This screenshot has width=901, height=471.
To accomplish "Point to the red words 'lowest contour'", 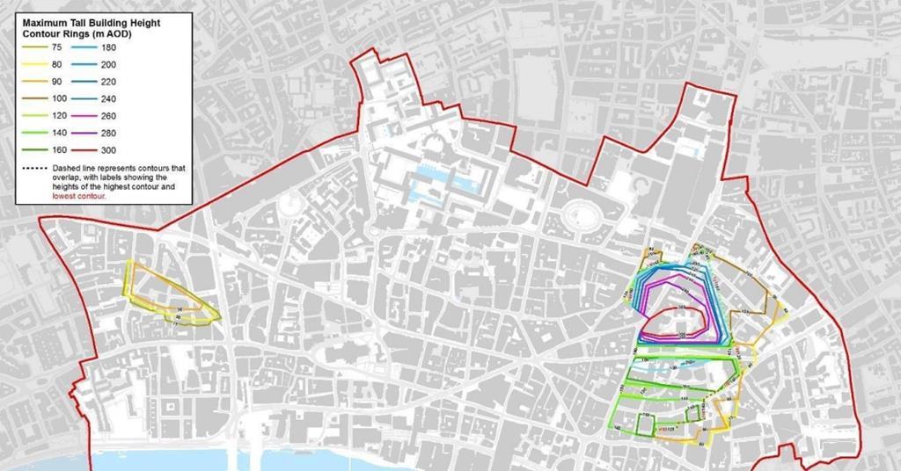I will click(x=80, y=197).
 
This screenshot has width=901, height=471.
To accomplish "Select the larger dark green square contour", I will click(x=641, y=424).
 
